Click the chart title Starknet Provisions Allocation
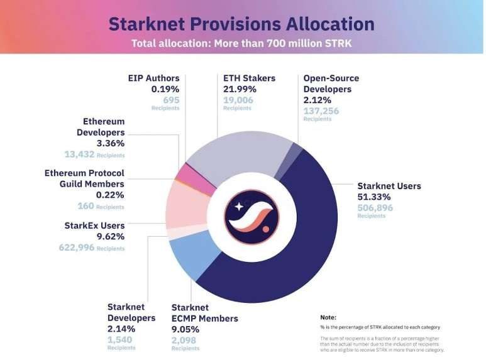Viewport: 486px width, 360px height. (x=241, y=24)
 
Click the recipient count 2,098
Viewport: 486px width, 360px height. (x=184, y=340)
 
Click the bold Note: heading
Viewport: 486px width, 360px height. (x=328, y=317)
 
